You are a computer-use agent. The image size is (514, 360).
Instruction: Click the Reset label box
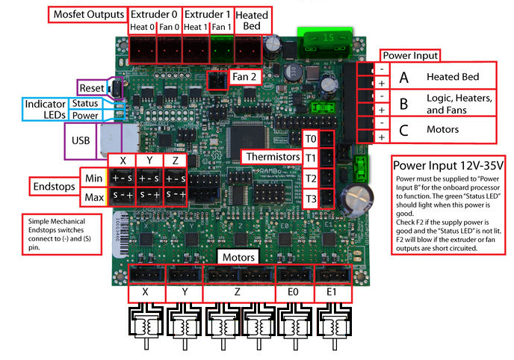[90, 88]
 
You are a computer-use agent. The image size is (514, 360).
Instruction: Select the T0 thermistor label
[311, 139]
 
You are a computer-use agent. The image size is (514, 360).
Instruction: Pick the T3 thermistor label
[311, 198]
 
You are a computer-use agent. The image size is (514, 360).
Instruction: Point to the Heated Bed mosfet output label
[251, 21]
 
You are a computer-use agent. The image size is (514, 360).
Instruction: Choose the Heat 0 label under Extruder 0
[142, 28]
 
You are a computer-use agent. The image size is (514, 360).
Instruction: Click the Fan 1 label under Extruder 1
[221, 28]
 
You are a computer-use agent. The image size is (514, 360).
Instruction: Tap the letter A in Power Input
[403, 78]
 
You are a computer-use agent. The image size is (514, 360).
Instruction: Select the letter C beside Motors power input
[403, 131]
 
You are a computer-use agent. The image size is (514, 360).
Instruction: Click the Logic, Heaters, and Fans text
[458, 104]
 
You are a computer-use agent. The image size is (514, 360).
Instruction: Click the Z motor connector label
[237, 294]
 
